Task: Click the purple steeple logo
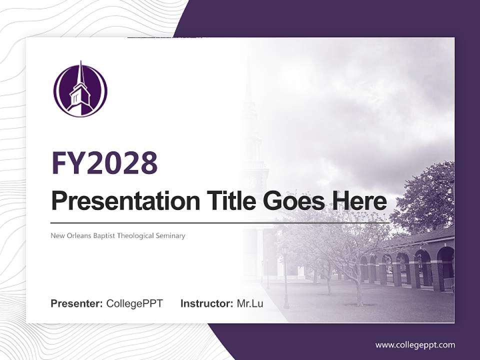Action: coord(80,90)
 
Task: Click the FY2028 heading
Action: coord(104,163)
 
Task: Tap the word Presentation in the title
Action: coord(118,201)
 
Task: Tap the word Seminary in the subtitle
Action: coord(170,236)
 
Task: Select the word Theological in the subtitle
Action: coord(135,236)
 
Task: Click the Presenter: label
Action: coord(77,303)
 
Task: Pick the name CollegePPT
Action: coord(134,303)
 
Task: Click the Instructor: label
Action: coord(206,303)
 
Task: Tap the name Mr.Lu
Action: coord(250,303)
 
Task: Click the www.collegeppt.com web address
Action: coord(415,344)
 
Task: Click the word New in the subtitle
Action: coord(57,235)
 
